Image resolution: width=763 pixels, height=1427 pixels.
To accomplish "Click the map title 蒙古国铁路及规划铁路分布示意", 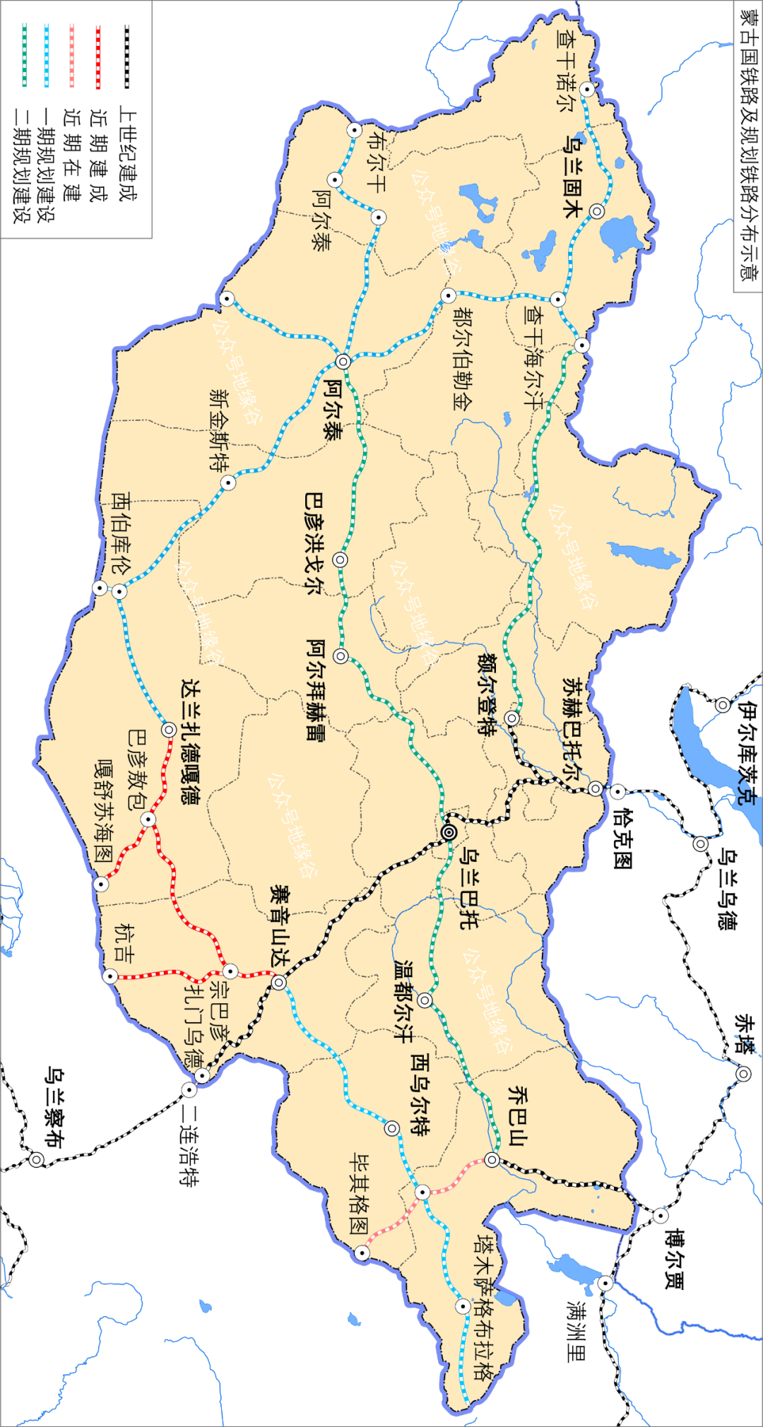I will pos(747,144).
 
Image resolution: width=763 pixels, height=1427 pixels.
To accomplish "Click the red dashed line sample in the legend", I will pos(98,57).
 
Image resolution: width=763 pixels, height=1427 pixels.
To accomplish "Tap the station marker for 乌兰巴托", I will pos(449,833).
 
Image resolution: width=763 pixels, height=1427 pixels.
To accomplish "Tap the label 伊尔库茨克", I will pos(747,752).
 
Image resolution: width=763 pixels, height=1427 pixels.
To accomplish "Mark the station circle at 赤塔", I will pos(743,1074).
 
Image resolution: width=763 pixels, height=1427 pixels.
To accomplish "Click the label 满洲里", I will pos(576,1331).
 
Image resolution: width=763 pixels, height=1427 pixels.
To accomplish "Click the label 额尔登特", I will pos(487,694).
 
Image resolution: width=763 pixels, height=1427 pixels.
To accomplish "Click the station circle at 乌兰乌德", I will pos(700,843).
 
